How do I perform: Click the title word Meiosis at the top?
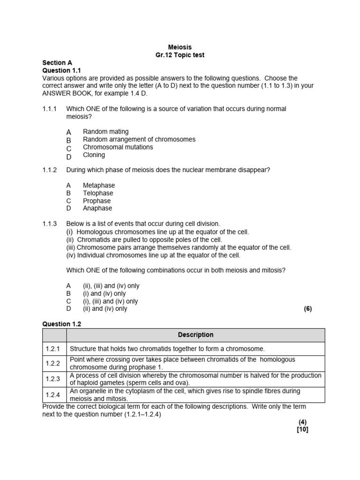[x=180, y=47]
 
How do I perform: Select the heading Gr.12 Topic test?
[x=180, y=55]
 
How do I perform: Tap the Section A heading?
[x=57, y=63]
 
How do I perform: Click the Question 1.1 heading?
[x=62, y=70]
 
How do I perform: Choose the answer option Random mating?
[x=105, y=132]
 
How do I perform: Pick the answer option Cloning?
[x=94, y=155]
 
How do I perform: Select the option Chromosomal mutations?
[x=118, y=147]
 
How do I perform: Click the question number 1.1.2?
[x=49, y=170]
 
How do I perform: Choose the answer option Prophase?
[x=97, y=201]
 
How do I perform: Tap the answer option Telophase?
[x=98, y=193]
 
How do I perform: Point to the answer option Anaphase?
[x=97, y=208]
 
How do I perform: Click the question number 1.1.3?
[x=49, y=224]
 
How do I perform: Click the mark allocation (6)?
[x=307, y=309]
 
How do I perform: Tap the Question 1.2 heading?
[x=62, y=324]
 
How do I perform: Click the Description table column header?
[x=195, y=335]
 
